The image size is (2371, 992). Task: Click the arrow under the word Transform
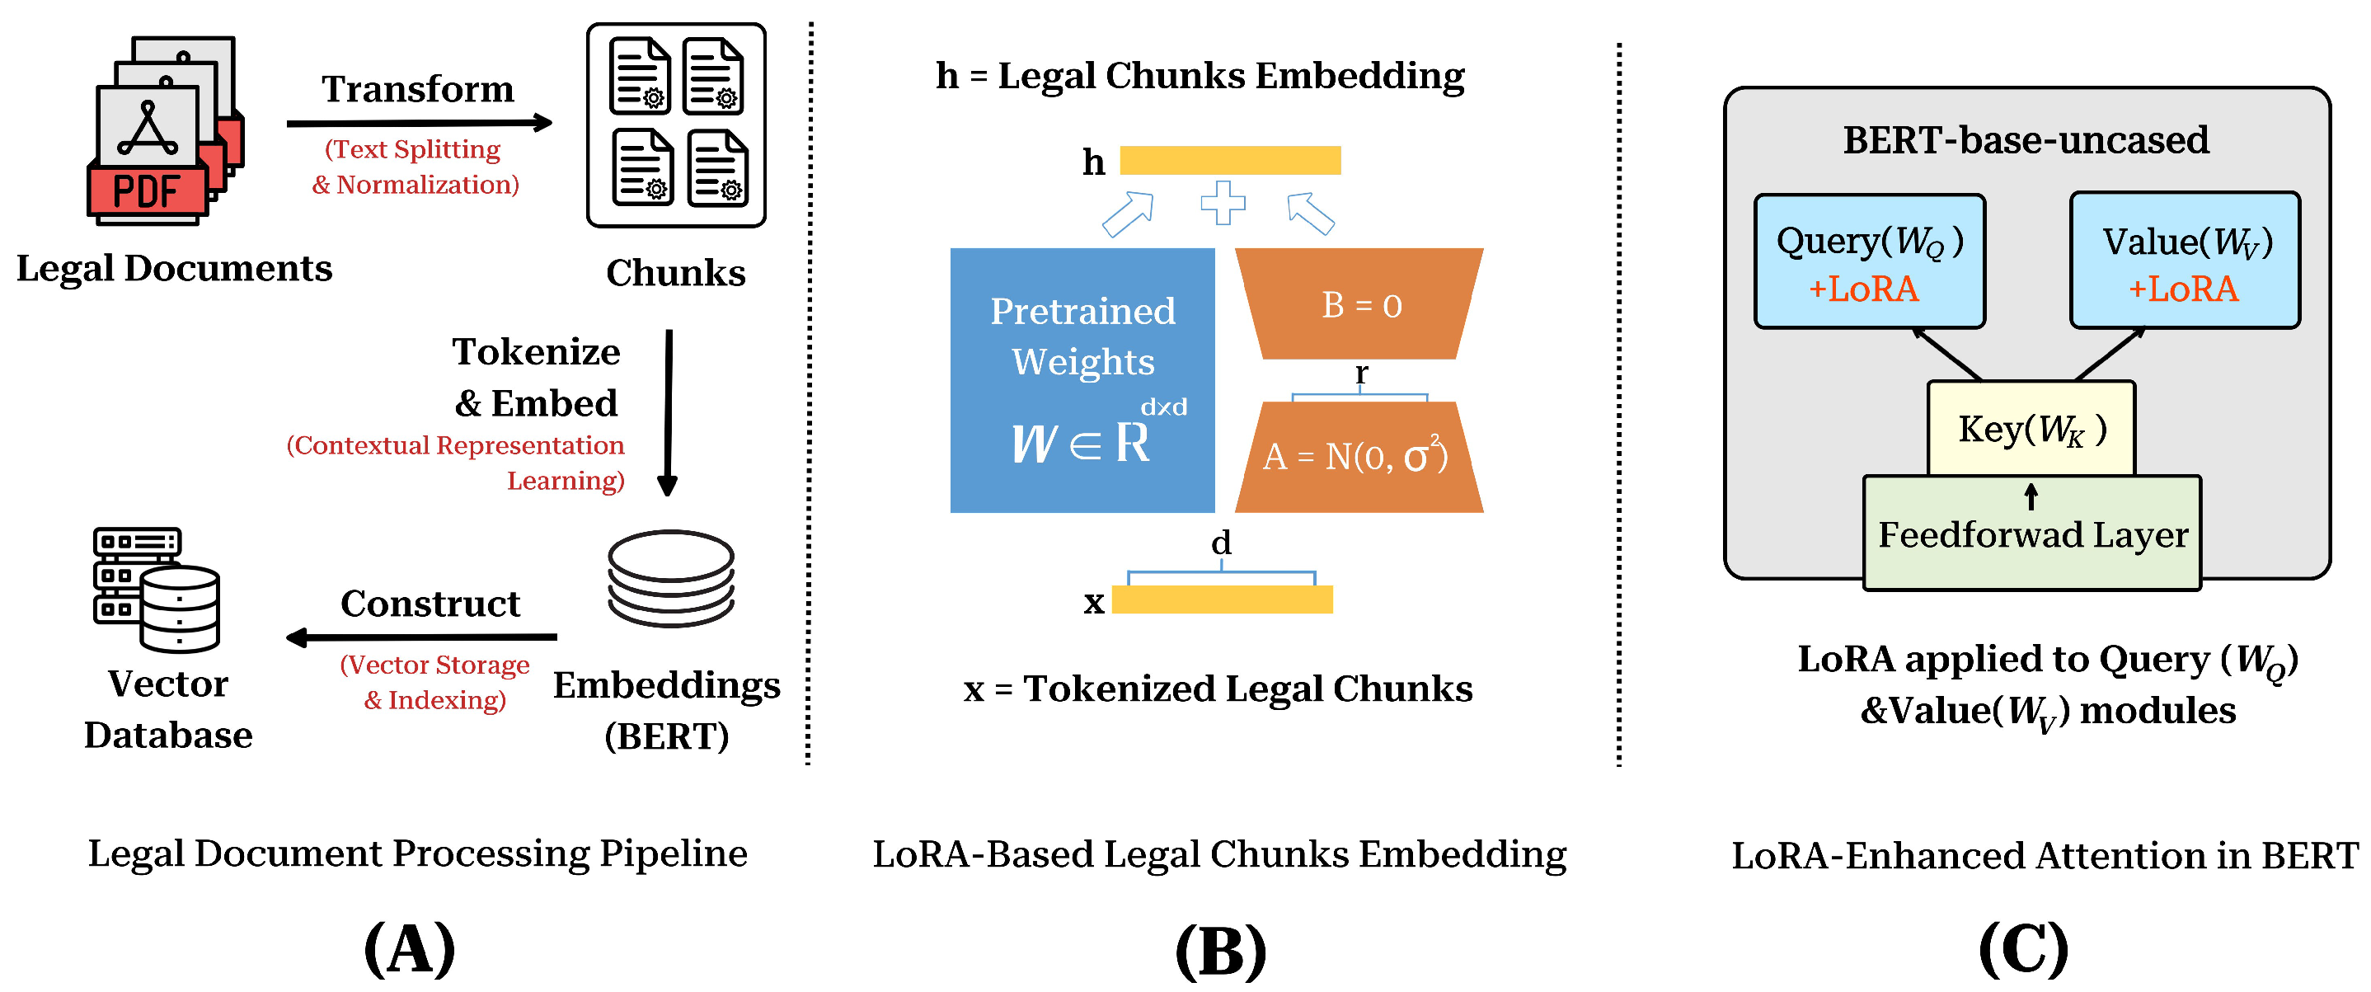(419, 122)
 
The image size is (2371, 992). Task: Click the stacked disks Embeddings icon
(671, 578)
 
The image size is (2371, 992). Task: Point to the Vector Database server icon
(157, 589)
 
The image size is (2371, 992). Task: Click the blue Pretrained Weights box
(1082, 380)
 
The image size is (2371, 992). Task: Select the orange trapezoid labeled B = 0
(1359, 304)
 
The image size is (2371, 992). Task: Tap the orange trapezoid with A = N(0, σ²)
(1359, 458)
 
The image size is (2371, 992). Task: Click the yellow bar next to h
(1230, 160)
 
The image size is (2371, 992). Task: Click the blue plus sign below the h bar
(1223, 204)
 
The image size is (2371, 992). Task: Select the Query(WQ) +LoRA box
(1870, 262)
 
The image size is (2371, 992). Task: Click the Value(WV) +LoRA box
(2185, 261)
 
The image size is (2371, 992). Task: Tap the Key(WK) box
(2031, 429)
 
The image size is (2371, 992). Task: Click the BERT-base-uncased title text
(2026, 140)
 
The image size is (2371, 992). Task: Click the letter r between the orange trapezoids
(1361, 373)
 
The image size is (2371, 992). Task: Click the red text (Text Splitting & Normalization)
(416, 167)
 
